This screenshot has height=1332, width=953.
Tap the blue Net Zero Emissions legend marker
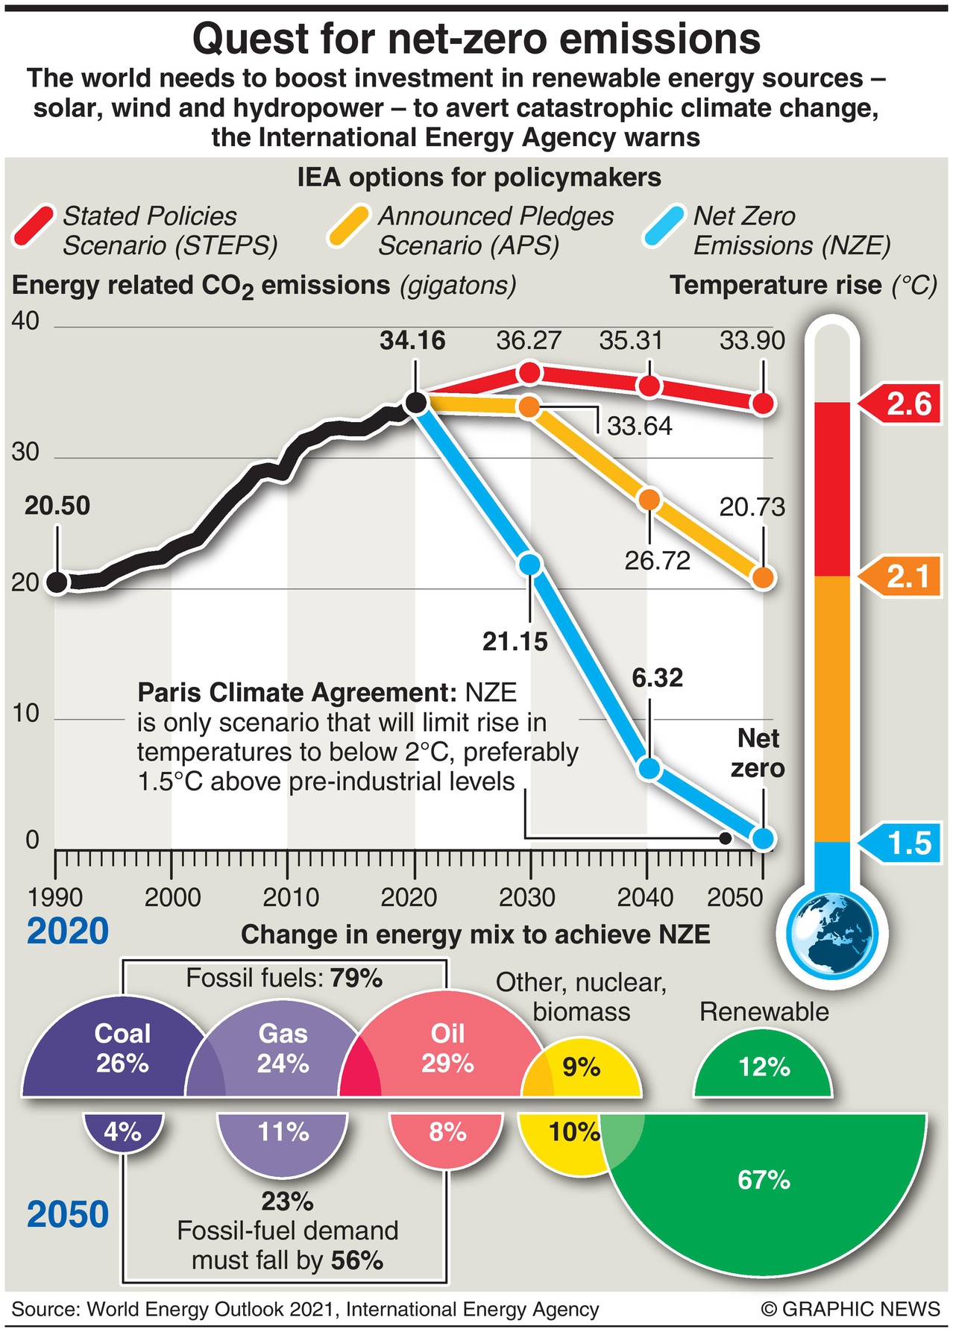[x=664, y=226]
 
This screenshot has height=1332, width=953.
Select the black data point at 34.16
[x=415, y=403]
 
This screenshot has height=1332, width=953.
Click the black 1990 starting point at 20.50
[x=57, y=582]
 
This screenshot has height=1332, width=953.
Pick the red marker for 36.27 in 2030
[x=529, y=372]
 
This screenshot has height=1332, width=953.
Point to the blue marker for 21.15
[x=529, y=564]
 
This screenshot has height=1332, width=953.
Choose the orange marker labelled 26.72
[x=650, y=500]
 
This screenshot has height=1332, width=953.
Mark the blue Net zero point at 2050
[x=763, y=838]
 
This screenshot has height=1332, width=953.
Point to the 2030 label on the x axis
[x=527, y=897]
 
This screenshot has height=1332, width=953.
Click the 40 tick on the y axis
[x=25, y=321]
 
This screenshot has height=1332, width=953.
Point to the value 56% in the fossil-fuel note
[x=357, y=1260]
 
